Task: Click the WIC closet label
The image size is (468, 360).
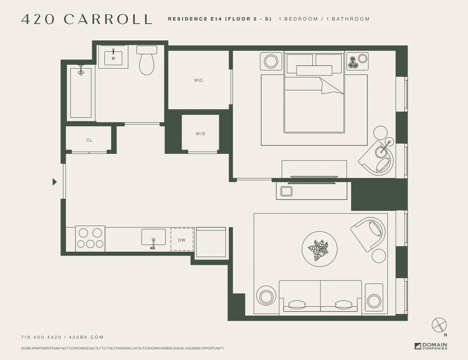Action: [x=198, y=80]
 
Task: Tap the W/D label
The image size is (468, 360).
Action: [x=200, y=134]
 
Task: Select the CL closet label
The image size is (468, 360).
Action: [x=89, y=140]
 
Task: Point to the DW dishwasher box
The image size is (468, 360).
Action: [x=182, y=240]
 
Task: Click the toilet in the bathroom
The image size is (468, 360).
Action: [x=147, y=61]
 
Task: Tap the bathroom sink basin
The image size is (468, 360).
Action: [x=113, y=57]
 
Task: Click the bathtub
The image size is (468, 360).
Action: [x=81, y=93]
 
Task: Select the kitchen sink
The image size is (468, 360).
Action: [x=154, y=237]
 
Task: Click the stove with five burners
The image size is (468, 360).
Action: [x=90, y=238]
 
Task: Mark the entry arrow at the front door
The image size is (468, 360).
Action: [x=55, y=182]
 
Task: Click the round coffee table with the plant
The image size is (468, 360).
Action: [x=320, y=249]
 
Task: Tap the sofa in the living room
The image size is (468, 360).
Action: [x=320, y=297]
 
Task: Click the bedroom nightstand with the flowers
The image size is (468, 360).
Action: [x=357, y=61]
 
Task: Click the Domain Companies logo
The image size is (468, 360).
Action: [x=431, y=346]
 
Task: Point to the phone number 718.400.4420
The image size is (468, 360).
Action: [x=41, y=337]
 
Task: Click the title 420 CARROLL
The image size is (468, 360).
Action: [x=87, y=19]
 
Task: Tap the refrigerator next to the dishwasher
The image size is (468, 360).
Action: [x=211, y=242]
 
